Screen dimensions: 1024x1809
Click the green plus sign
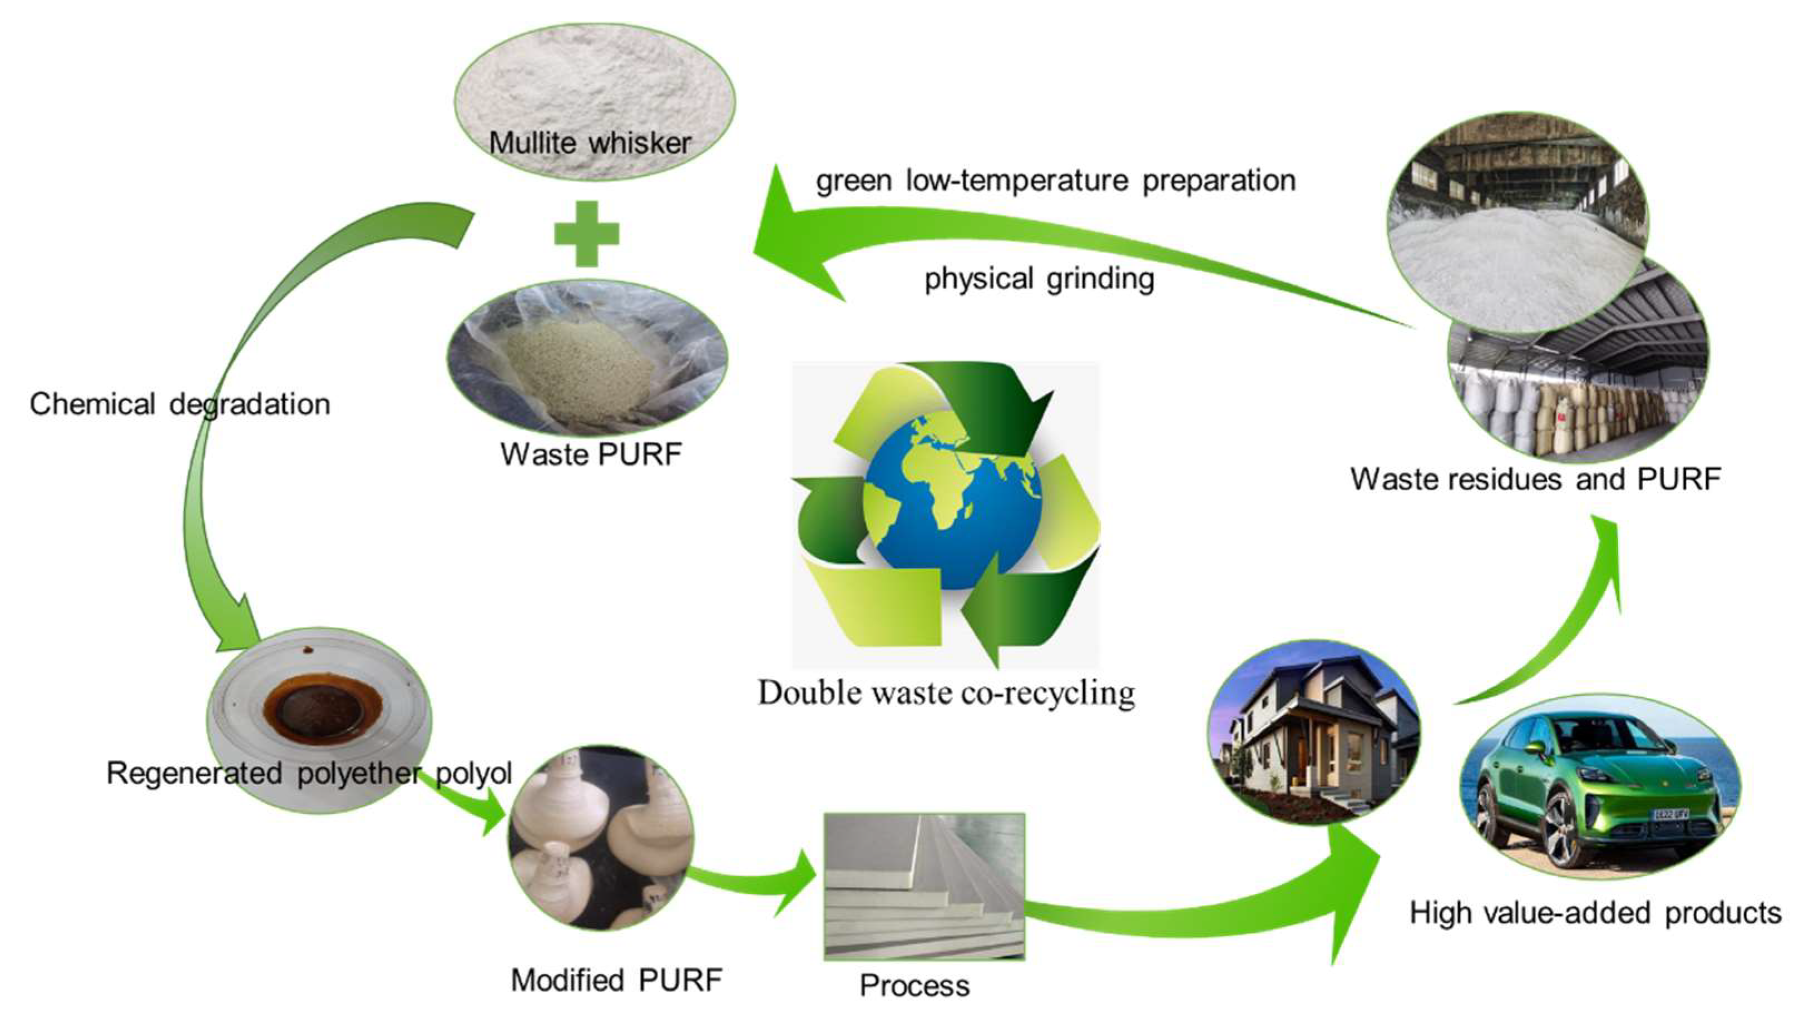coord(586,234)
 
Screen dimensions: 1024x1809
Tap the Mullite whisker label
coord(590,144)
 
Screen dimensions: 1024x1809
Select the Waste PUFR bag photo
coord(587,359)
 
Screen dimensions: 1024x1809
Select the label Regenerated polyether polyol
coord(309,774)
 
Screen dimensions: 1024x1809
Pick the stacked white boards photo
coord(923,886)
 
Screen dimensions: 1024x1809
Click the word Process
coord(915,986)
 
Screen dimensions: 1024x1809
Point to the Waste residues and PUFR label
coord(1535,479)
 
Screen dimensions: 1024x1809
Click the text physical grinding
coord(1039,279)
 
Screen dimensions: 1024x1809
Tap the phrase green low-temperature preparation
coord(1055,181)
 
